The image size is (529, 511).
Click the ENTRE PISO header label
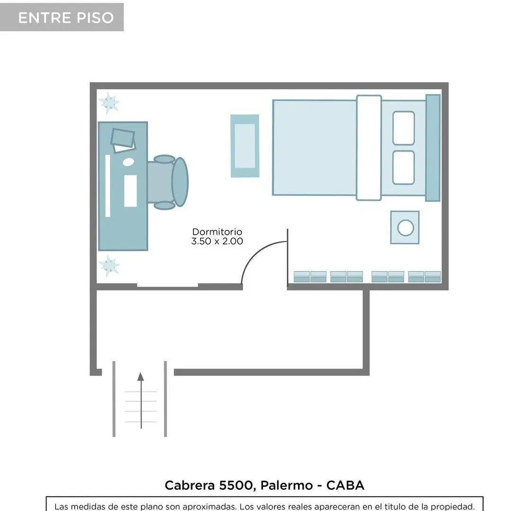(66, 18)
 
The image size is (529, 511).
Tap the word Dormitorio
(217, 232)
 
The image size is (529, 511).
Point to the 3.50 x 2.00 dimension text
(217, 241)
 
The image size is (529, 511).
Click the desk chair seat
(161, 182)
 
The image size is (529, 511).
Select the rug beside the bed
(245, 146)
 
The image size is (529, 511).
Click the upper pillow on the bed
(404, 128)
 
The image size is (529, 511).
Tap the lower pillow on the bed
(404, 167)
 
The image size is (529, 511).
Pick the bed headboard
(433, 148)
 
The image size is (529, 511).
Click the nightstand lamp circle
(406, 228)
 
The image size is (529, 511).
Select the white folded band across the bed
(369, 148)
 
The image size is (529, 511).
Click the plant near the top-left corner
(109, 103)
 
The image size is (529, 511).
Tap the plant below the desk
(109, 266)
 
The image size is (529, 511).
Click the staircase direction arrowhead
(141, 377)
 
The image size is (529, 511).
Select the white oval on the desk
(128, 162)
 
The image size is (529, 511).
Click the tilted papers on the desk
(123, 141)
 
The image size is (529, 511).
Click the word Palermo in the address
(287, 486)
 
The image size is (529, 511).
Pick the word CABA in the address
(345, 485)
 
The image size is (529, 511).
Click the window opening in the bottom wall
(168, 286)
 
